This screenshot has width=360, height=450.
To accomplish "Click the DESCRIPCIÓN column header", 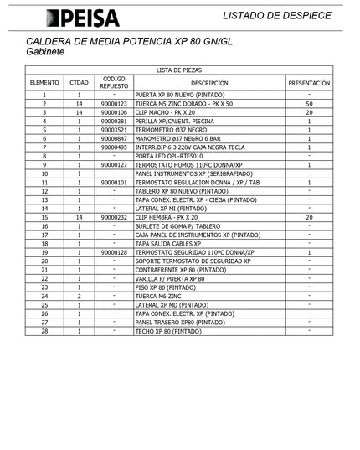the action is pos(208,84).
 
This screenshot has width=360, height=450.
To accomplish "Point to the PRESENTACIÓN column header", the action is pos(309,84).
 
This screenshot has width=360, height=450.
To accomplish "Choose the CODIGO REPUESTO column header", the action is pos(114,83).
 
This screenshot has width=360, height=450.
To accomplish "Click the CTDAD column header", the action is pos(79,84).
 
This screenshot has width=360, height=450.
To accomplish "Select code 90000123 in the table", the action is pos(114,104).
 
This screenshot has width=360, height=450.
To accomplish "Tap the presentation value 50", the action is pos(309,104).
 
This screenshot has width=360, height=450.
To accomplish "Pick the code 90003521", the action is pos(114,130).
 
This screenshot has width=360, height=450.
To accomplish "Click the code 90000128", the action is pos(114,252).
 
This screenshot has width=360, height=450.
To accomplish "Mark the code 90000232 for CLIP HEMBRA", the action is pos(114,217).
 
